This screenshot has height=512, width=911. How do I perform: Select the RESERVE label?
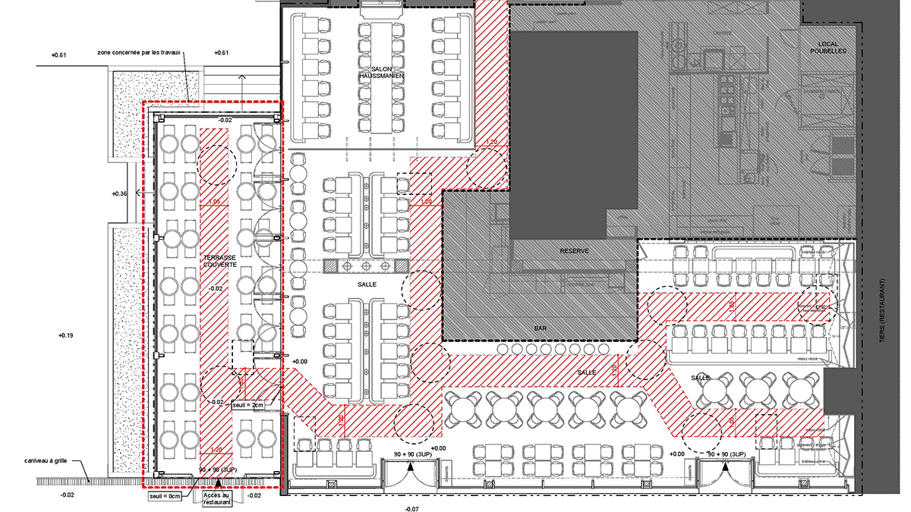click(x=575, y=250)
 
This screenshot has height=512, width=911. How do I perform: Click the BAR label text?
click(x=541, y=329)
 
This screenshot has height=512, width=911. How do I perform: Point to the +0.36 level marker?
click(x=119, y=194)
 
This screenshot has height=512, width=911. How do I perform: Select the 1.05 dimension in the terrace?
click(x=215, y=202)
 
